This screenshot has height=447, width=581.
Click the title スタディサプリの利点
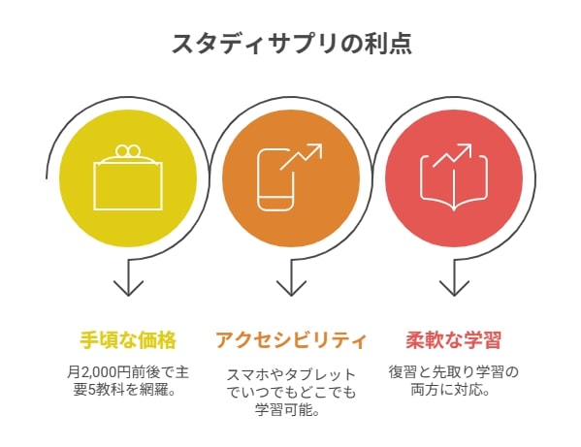coord(292,44)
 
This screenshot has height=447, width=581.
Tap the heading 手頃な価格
coord(128,340)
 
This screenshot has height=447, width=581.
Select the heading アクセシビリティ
coord(291,340)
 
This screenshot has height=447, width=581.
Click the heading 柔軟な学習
coord(454,340)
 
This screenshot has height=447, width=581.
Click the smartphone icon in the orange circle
coord(276,180)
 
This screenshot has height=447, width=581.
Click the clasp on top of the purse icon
coord(128,150)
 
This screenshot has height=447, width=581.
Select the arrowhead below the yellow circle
coord(128,289)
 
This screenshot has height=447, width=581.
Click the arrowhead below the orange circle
coord(291,289)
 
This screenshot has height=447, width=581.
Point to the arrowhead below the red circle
coord(454,289)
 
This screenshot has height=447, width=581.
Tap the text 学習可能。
coord(287,410)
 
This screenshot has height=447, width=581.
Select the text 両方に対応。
coord(451,390)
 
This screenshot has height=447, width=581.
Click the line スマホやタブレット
coord(291,375)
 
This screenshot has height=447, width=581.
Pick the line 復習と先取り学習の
coord(454,371)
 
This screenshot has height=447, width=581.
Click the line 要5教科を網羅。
coord(124,390)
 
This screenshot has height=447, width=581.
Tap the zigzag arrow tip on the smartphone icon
coord(319,147)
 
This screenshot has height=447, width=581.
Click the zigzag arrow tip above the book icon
coord(468,147)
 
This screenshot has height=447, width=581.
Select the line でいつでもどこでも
coord(291,393)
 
